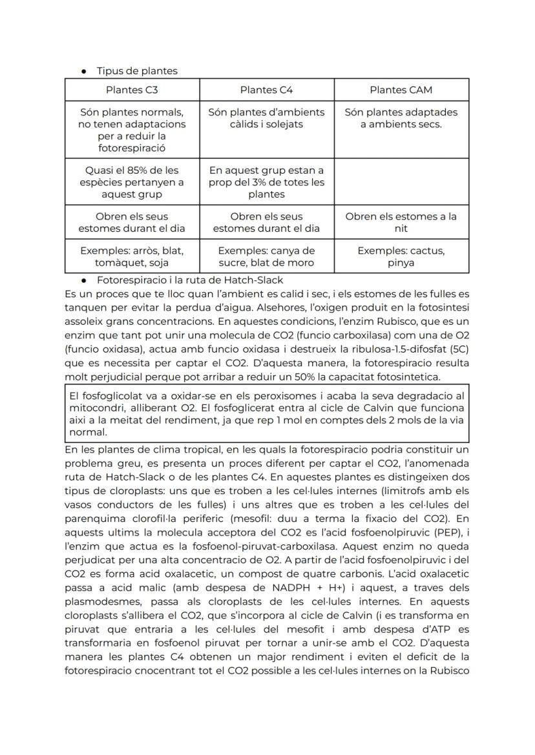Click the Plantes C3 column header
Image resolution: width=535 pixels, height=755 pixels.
click(x=132, y=90)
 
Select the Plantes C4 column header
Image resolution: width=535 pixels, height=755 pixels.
click(x=266, y=90)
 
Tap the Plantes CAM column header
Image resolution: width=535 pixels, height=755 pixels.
click(x=401, y=90)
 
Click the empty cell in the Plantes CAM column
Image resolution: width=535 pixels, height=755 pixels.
click(x=401, y=182)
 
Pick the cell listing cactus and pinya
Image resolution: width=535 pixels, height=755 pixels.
click(x=401, y=256)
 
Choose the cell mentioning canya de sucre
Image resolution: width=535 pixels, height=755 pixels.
click(x=266, y=256)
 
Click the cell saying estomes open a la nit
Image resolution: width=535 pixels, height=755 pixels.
click(x=401, y=222)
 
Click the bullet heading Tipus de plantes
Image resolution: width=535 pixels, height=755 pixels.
click(x=137, y=71)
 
